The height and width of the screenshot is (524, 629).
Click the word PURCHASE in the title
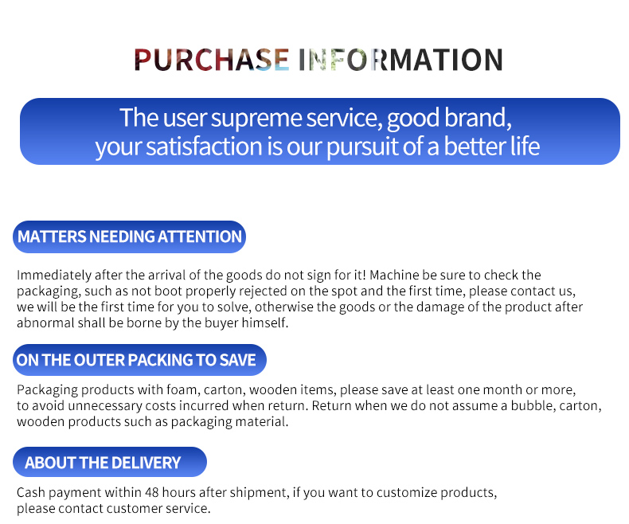pos(212,60)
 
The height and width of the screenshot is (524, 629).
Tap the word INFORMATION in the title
pos(400,60)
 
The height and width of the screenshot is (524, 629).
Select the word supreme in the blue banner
pos(256,119)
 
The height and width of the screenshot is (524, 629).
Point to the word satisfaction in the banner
pos(204,146)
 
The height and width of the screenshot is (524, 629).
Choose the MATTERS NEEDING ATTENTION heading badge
pos(129,237)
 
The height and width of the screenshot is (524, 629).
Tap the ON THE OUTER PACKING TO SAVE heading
pos(139,360)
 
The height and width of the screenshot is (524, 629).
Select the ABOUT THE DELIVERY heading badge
pos(110,462)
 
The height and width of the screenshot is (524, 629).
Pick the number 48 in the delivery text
pos(151,492)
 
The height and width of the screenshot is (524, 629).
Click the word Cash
pos(31,492)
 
